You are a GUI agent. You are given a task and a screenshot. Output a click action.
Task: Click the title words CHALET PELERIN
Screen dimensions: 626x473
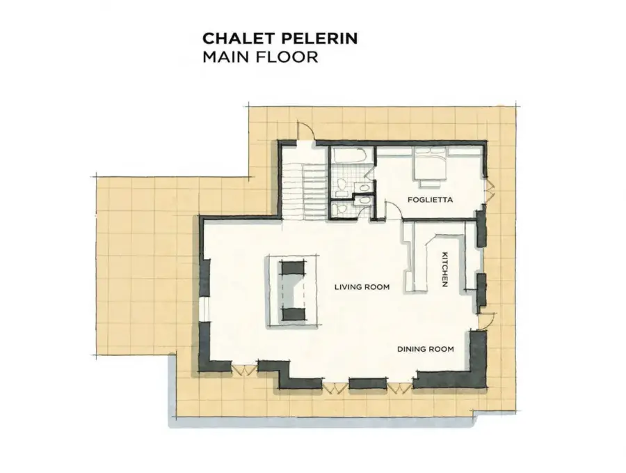pos(280,38)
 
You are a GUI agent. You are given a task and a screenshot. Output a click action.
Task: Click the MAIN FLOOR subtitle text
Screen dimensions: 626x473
pos(260,57)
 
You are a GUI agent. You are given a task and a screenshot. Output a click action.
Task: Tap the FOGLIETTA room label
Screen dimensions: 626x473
pos(431,199)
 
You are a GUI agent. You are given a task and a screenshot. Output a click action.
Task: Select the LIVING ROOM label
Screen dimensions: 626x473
pos(362,287)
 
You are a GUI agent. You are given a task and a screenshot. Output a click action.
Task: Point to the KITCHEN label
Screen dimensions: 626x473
pos(444,269)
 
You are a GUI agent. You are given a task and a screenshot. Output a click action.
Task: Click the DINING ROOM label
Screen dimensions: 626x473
pos(426,349)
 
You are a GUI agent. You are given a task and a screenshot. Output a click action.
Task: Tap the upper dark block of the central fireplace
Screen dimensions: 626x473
pos(294,267)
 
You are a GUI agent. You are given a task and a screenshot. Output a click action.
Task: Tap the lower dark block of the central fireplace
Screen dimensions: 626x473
pos(294,314)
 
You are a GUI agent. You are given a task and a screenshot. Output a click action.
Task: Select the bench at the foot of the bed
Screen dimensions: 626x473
pos(430,183)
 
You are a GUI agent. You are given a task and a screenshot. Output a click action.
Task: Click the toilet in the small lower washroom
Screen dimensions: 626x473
pos(339,209)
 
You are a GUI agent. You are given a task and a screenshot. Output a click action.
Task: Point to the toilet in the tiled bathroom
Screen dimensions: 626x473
pos(342,185)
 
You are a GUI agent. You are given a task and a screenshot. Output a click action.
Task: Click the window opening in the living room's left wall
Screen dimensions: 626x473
pos(204,309)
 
